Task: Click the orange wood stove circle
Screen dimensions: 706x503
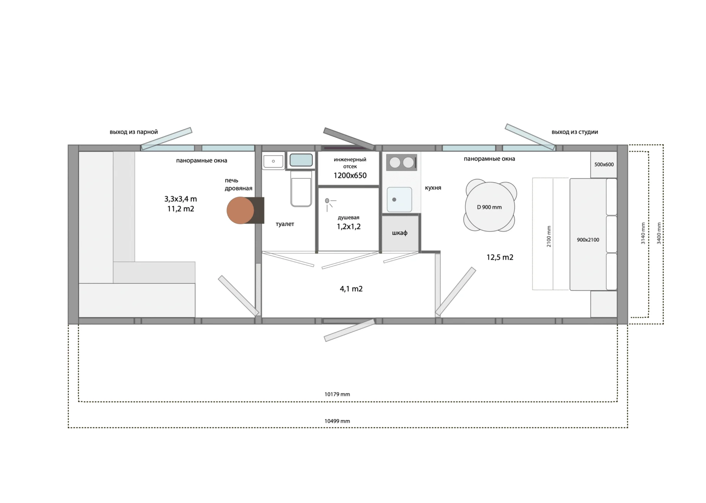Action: tap(240, 211)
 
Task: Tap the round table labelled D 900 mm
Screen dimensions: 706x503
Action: tap(490, 206)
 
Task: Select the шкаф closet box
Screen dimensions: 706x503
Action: tap(400, 233)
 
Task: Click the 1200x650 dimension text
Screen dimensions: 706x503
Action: tap(350, 176)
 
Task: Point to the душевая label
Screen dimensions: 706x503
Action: tap(349, 218)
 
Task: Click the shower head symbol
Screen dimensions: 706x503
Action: tap(329, 204)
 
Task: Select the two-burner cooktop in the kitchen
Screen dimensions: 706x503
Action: tap(402, 162)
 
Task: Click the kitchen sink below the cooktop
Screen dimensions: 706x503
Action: tap(399, 200)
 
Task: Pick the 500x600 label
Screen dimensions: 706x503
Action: tap(604, 165)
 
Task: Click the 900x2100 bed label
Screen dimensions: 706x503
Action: tap(588, 240)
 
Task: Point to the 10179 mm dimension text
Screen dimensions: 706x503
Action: tap(337, 394)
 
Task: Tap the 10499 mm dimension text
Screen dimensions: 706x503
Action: tap(337, 421)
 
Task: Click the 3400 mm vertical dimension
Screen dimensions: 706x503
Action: tap(659, 233)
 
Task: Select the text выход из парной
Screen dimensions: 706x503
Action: tap(134, 132)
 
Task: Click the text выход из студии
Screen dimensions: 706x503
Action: tap(575, 132)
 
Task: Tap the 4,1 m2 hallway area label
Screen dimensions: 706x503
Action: tap(351, 289)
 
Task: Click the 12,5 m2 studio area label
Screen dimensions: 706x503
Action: tap(500, 257)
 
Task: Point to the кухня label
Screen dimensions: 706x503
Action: tap(433, 188)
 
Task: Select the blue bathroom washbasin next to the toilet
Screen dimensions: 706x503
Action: tap(301, 160)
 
